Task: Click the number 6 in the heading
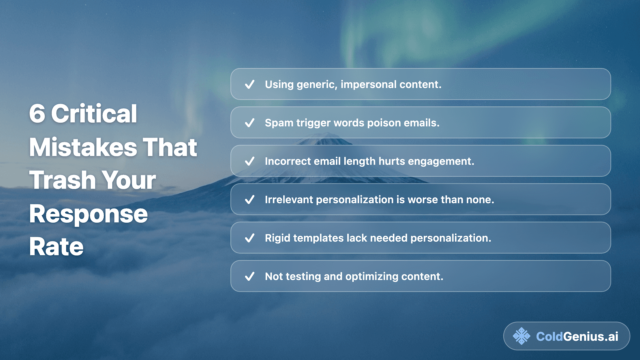(x=37, y=114)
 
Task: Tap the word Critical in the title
(x=94, y=114)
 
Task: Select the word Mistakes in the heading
(x=83, y=147)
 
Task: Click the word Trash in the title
(x=62, y=180)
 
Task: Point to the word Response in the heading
(x=88, y=214)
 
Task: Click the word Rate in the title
(x=56, y=247)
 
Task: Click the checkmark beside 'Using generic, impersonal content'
(x=250, y=84)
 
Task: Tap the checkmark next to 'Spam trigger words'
(x=250, y=123)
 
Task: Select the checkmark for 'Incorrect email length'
(x=250, y=161)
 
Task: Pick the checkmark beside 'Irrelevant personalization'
(x=250, y=200)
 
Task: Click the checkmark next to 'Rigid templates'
(x=250, y=238)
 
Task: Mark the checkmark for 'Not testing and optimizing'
(x=250, y=276)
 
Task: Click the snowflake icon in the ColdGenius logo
(x=521, y=336)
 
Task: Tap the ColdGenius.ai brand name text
(x=577, y=337)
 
